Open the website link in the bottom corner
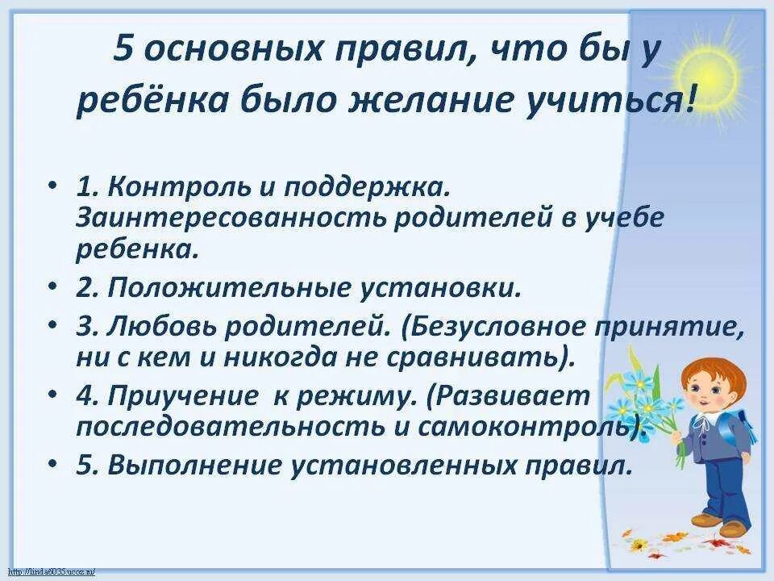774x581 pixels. (x=48, y=571)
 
